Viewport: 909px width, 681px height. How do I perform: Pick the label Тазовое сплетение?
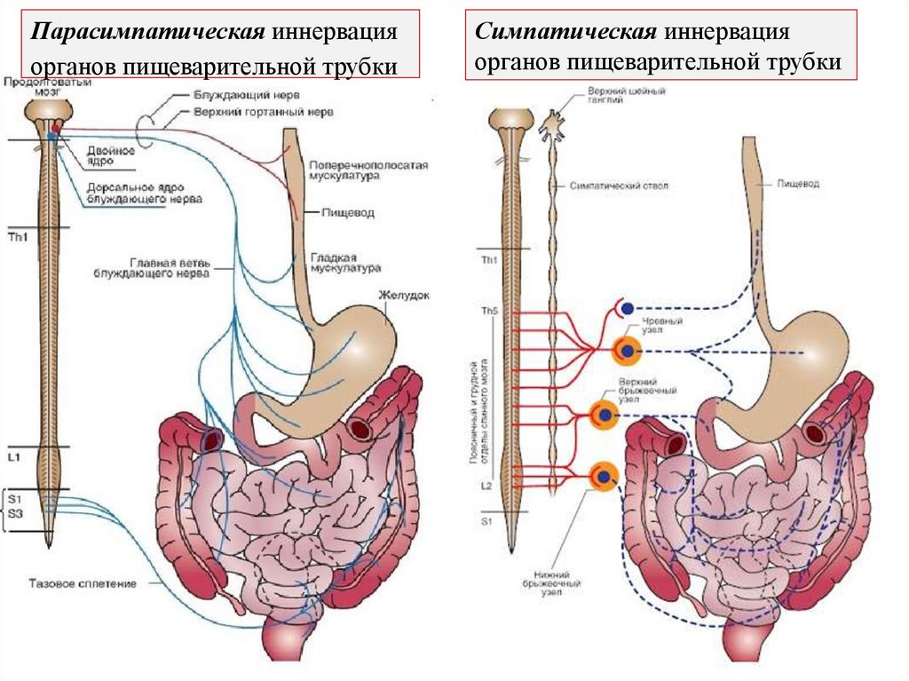(83, 583)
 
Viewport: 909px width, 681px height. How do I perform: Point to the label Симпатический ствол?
(618, 186)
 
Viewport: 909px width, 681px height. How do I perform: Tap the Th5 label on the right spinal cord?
(489, 312)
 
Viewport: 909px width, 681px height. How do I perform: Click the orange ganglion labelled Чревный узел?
(628, 352)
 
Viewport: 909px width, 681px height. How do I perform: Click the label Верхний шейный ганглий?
(613, 95)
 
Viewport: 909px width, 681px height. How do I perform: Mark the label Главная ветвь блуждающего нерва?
(170, 268)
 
